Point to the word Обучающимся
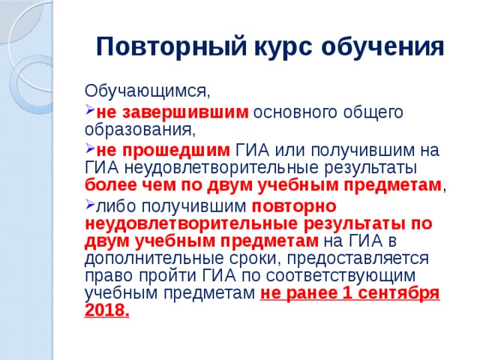point(147,91)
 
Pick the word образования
point(139,130)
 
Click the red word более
point(108,184)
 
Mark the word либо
point(112,205)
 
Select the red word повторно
point(293,205)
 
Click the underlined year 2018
point(107,310)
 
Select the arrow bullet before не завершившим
point(89,112)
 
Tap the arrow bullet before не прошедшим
point(89,148)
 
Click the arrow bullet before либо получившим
point(89,205)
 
